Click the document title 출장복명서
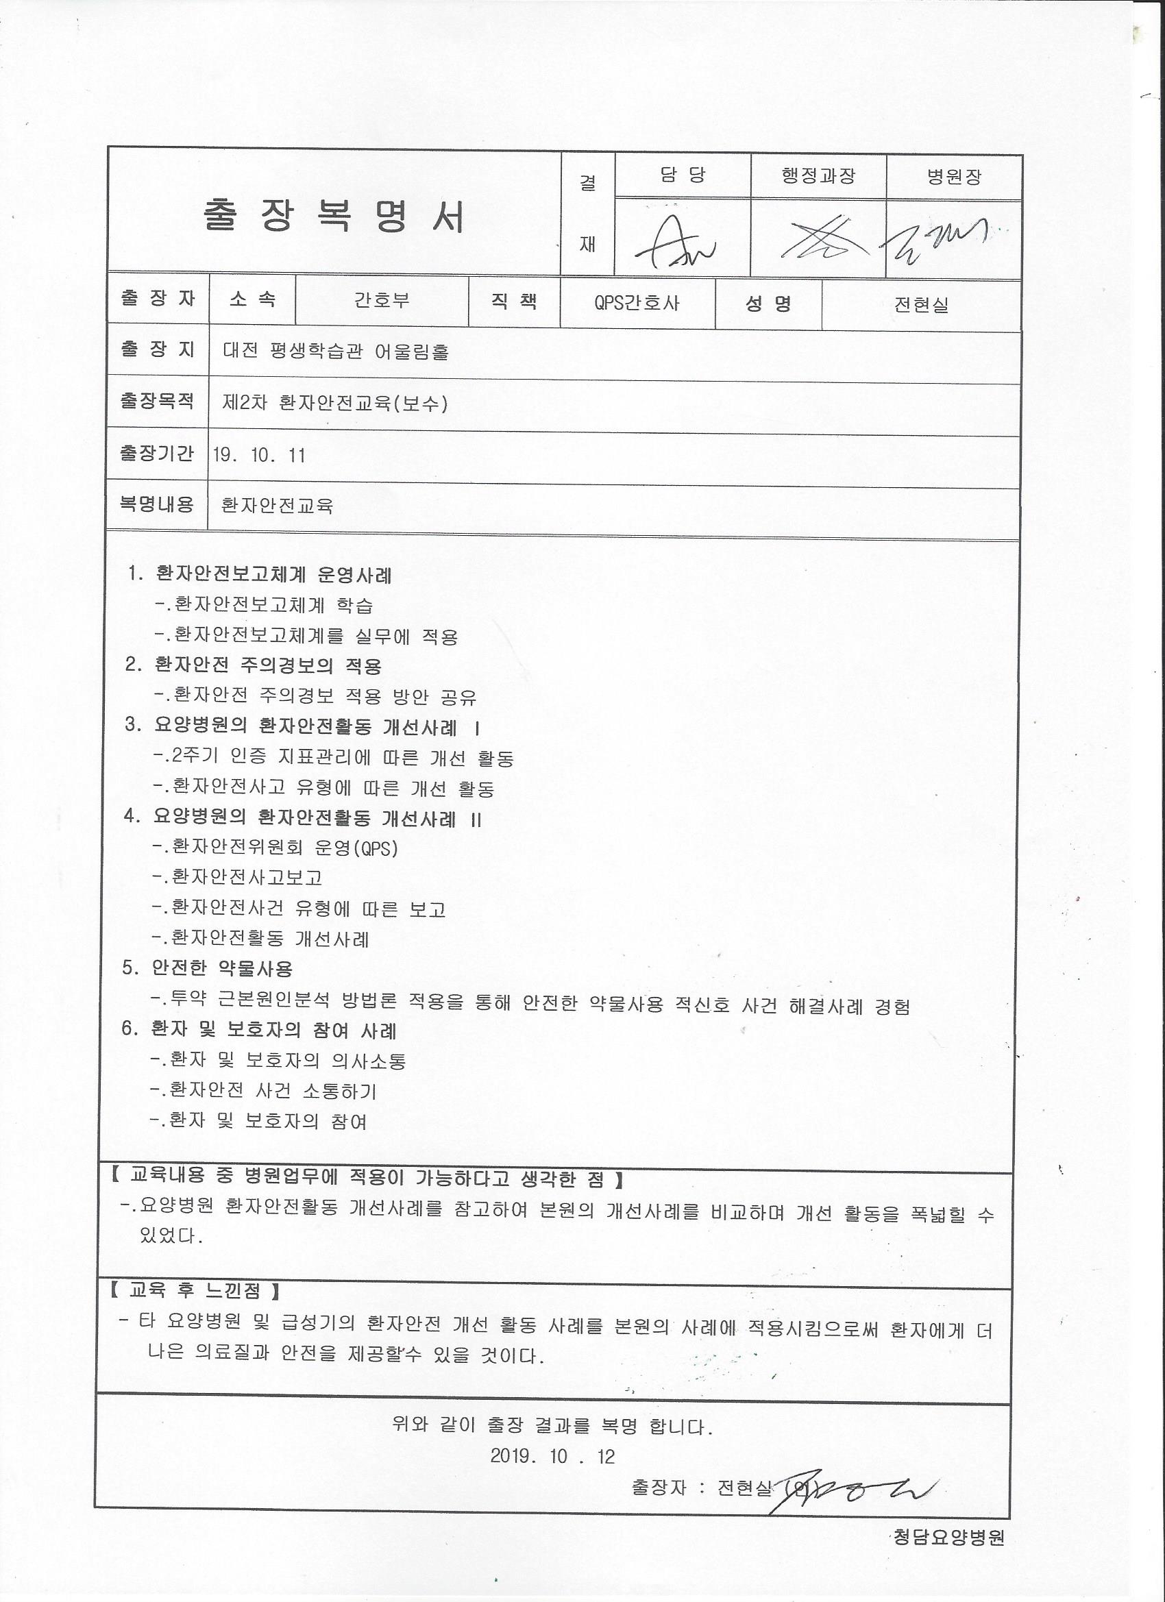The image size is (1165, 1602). pyautogui.click(x=334, y=216)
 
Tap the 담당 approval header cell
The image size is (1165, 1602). pyautogui.click(x=682, y=175)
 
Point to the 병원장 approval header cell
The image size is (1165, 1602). pyautogui.click(x=954, y=176)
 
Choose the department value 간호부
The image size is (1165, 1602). pyautogui.click(x=382, y=301)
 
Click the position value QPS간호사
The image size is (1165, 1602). pyautogui.click(x=637, y=303)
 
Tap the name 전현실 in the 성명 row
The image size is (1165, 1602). pyautogui.click(x=920, y=305)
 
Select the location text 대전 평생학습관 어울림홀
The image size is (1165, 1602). pyautogui.click(x=336, y=351)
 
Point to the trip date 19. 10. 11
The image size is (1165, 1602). pyautogui.click(x=258, y=456)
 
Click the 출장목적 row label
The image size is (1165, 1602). pyautogui.click(x=157, y=402)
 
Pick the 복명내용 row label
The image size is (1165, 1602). pyautogui.click(x=157, y=504)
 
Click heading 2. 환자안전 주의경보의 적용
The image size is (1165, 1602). pyautogui.click(x=253, y=665)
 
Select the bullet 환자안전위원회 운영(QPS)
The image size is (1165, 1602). pyautogui.click(x=275, y=848)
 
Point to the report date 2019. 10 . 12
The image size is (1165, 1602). pyautogui.click(x=552, y=1455)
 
